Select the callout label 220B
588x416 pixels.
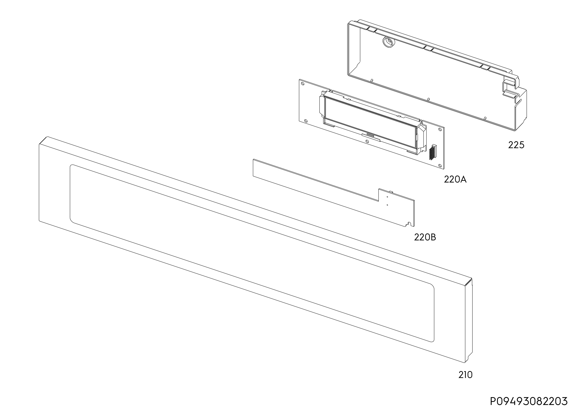[x=425, y=238]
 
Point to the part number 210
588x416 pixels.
[x=465, y=375]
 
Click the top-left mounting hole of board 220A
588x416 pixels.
[x=302, y=84]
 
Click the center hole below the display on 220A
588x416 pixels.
[x=367, y=141]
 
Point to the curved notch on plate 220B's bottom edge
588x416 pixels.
[x=409, y=224]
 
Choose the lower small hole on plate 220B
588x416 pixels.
[x=387, y=205]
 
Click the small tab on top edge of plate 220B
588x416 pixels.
[x=391, y=192]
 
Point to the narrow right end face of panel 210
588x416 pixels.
[x=468, y=321]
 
